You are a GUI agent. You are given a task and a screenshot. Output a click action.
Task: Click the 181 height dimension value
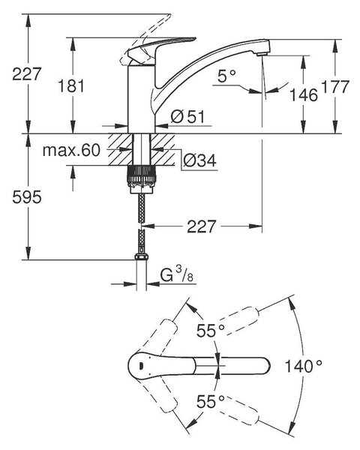click(x=71, y=85)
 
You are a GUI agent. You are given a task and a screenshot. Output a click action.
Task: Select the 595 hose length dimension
click(x=27, y=197)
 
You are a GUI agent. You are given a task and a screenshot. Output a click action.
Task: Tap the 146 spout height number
click(x=304, y=94)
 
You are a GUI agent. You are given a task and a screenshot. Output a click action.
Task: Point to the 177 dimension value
click(x=335, y=86)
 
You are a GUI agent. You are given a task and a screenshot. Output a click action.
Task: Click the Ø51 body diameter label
click(x=188, y=117)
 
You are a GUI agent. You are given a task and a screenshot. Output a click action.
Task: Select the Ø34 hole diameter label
click(x=199, y=160)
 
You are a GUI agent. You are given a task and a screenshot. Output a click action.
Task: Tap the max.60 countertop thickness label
click(x=71, y=150)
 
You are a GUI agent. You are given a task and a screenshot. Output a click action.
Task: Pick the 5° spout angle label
click(x=226, y=76)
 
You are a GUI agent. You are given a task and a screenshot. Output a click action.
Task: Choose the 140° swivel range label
click(x=304, y=366)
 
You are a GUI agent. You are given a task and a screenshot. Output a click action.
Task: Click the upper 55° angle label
click(x=210, y=331)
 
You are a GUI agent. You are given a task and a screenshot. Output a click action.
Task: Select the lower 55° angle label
click(x=210, y=401)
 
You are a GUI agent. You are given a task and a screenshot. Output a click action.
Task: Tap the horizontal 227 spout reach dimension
click(x=201, y=226)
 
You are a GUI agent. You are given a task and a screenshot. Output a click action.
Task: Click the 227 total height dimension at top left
click(x=27, y=74)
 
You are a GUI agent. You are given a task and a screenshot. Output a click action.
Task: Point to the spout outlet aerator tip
click(x=263, y=54)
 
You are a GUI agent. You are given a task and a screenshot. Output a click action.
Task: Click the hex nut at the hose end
click(x=141, y=256)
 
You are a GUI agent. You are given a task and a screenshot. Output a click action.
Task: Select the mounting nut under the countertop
click(x=142, y=179)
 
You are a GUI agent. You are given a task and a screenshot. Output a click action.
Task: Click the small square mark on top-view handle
click(x=140, y=365)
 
